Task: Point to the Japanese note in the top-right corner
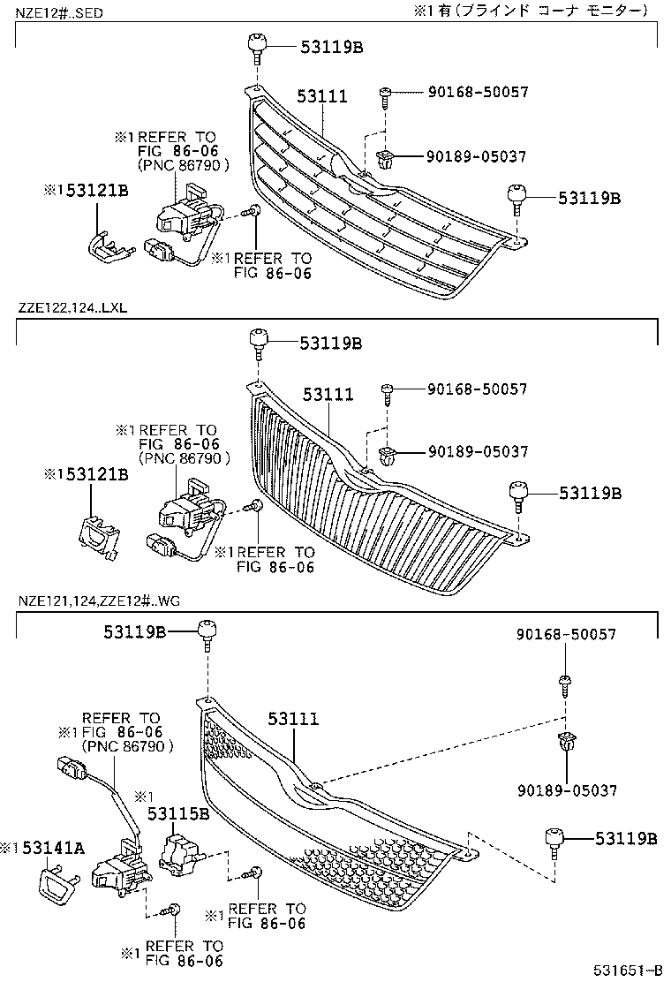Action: [530, 11]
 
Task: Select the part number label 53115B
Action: [178, 813]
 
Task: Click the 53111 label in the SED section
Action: [321, 97]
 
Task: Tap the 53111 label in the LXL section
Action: [328, 395]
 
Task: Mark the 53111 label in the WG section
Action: [293, 720]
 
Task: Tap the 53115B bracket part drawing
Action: [178, 855]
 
